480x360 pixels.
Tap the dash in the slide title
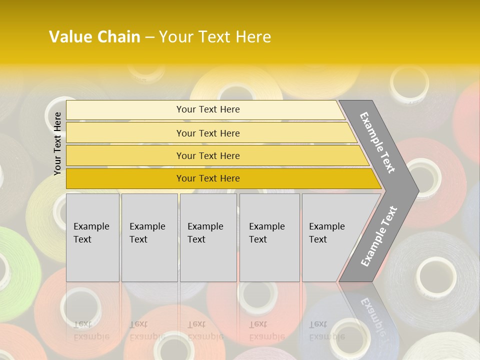click(x=149, y=37)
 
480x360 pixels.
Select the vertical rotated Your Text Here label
click(x=57, y=143)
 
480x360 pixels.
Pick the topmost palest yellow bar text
click(x=208, y=109)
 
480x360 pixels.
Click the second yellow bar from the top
click(x=208, y=133)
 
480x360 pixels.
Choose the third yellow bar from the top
click(x=208, y=155)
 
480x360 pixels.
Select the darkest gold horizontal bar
click(x=208, y=178)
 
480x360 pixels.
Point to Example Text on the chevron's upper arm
click(x=377, y=142)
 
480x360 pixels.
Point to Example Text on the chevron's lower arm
click(x=378, y=236)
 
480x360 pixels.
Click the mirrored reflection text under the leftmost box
click(x=91, y=330)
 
